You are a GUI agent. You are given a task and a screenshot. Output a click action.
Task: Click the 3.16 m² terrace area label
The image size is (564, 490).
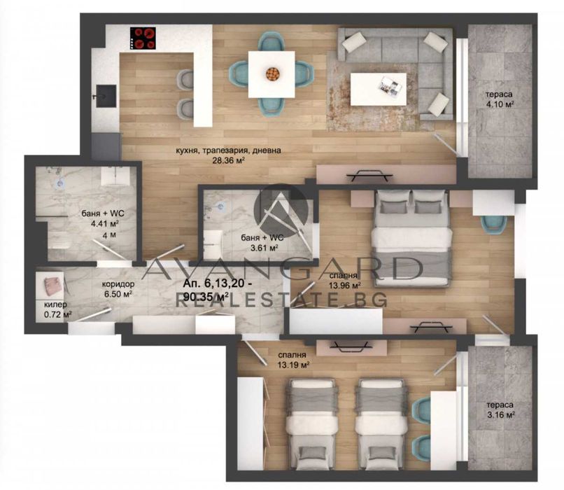pos(500,410)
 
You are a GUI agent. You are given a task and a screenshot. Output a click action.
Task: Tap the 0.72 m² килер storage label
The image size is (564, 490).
pos(57,310)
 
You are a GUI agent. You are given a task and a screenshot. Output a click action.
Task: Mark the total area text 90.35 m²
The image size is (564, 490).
pos(207,297)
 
